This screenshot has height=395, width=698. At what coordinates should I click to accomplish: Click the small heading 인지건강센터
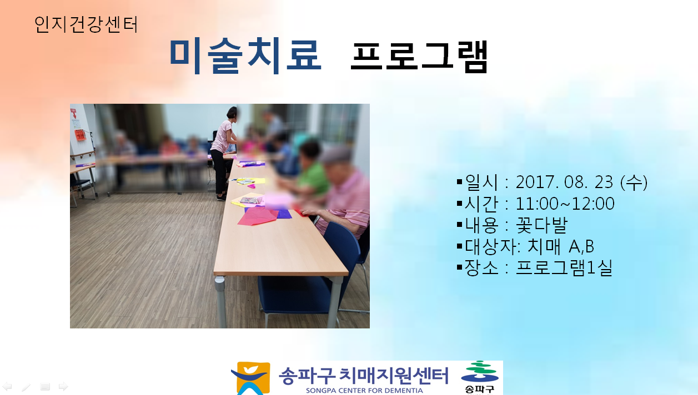click(86, 24)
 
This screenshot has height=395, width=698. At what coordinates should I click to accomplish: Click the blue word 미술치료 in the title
click(245, 56)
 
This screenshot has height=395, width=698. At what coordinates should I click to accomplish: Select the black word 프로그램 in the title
click(419, 57)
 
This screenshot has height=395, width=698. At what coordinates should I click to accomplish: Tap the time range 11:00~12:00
click(565, 204)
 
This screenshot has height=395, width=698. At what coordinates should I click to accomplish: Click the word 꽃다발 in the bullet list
click(542, 225)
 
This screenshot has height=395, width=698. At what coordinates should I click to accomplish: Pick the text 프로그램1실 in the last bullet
click(564, 268)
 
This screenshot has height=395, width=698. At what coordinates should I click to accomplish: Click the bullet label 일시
click(481, 182)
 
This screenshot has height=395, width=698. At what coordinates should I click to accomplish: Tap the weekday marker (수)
click(634, 182)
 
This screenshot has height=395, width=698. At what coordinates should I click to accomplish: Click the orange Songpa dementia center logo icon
click(251, 378)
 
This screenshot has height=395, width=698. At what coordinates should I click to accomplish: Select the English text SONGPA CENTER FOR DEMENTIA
click(364, 391)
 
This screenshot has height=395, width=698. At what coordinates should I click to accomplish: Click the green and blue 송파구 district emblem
click(480, 377)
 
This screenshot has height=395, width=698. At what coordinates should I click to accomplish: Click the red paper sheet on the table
click(258, 216)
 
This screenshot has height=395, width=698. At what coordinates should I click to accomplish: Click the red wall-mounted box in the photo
click(80, 135)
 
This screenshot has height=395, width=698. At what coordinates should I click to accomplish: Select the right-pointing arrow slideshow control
click(63, 387)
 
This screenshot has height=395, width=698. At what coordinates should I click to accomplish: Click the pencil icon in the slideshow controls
click(26, 387)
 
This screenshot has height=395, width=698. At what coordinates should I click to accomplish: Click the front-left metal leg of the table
click(220, 302)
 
